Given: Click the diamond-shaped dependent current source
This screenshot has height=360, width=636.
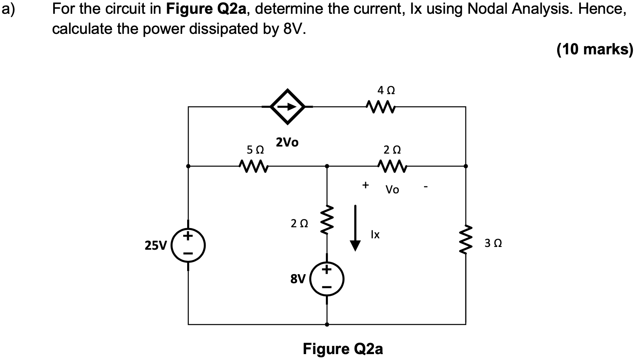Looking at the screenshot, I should (288, 106).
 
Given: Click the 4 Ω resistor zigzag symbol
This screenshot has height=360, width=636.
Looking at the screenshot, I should (380, 106).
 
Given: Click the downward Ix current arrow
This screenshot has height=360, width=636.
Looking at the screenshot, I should (355, 228).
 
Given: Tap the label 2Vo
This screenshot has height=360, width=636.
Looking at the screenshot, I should (287, 142).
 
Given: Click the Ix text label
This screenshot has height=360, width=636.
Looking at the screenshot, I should (375, 235).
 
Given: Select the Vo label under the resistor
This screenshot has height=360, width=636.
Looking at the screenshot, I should (392, 190).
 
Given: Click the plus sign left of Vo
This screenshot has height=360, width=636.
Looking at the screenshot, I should (366, 184).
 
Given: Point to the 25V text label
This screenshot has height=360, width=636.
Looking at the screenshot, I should (156, 246).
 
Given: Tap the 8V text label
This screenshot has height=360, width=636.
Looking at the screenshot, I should (298, 279).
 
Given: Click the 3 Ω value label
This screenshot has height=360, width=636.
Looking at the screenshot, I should (493, 243).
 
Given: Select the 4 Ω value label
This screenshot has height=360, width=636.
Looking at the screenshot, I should (386, 90).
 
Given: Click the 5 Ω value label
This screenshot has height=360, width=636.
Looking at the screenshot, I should (255, 150).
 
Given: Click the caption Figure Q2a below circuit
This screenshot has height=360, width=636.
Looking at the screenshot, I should (342, 349).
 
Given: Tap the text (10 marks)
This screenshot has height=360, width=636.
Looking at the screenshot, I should (594, 49).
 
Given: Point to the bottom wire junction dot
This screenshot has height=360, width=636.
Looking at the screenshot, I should (327, 325).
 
